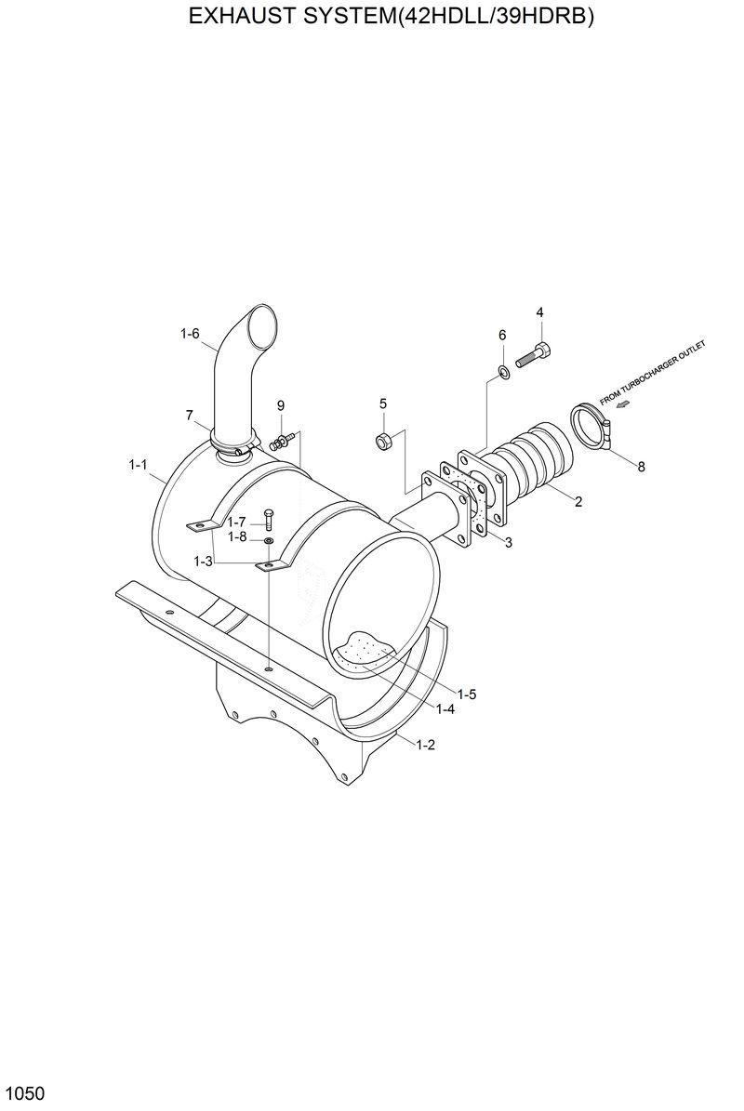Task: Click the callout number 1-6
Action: (190, 334)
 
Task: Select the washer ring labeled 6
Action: (502, 373)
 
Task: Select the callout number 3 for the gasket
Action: (508, 542)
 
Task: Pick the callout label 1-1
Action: (139, 463)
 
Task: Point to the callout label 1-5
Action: (467, 694)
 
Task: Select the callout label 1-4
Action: (445, 708)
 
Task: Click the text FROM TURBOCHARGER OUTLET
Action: (653, 372)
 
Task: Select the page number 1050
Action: (25, 1091)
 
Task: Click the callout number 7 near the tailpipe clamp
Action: (190, 415)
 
